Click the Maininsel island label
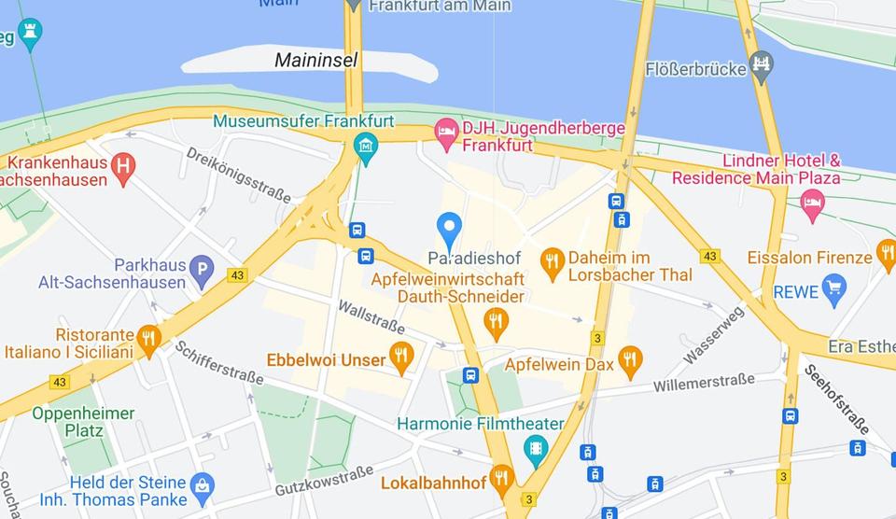point(315,61)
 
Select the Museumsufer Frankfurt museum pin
point(365,147)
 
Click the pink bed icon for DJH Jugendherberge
point(447,133)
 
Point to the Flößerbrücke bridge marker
point(763,68)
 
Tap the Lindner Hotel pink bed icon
point(812,203)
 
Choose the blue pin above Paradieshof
point(450,228)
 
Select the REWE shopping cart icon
point(833,288)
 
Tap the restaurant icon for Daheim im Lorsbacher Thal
point(553,262)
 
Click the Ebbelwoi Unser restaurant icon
point(402,356)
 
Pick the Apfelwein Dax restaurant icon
point(631,360)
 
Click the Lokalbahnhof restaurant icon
point(502,479)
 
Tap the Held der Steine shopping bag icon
point(202,484)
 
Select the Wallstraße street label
point(371,316)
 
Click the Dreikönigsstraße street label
point(238,175)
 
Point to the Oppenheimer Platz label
point(83,422)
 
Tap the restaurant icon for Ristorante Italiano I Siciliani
point(148,339)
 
